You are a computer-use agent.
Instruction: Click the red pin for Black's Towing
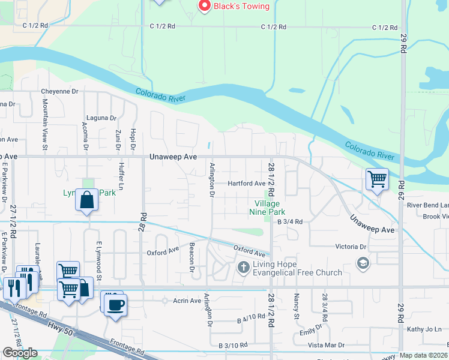204,6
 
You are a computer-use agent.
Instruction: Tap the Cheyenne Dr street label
59,91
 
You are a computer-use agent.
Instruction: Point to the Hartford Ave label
246,184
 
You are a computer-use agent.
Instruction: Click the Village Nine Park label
267,208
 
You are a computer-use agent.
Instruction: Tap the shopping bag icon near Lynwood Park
87,200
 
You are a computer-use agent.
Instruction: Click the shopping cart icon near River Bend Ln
377,179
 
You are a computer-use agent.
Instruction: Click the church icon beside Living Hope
244,267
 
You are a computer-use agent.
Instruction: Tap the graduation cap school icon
363,263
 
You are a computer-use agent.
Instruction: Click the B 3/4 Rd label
290,221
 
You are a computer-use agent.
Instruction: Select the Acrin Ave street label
187,301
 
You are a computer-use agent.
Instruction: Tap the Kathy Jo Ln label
424,329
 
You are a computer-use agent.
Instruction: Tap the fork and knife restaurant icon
12,289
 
